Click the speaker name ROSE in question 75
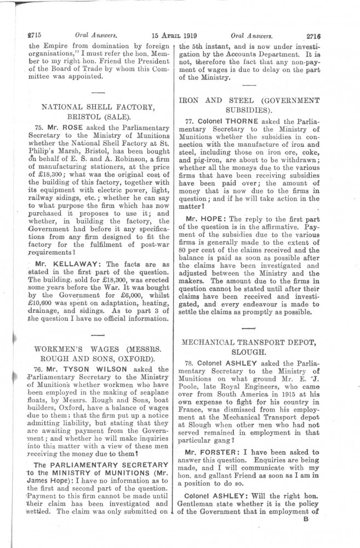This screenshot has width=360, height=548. coord(59,125)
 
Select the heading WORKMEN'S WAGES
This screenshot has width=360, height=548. coord(67,349)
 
